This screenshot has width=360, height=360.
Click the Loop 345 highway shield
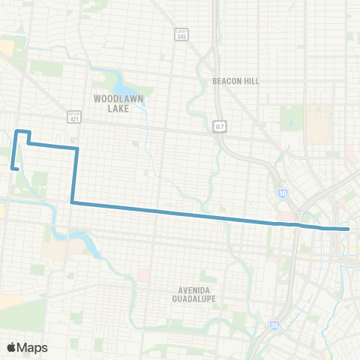coord(181,35)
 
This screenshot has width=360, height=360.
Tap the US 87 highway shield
coord(218,126)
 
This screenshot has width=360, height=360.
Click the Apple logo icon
coord(11,347)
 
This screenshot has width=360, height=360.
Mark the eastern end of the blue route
coord(349,228)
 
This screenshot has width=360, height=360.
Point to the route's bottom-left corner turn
coord(72,202)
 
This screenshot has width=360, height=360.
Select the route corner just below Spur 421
coord(76,149)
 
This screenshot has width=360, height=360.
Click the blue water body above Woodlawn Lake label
coord(120,79)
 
